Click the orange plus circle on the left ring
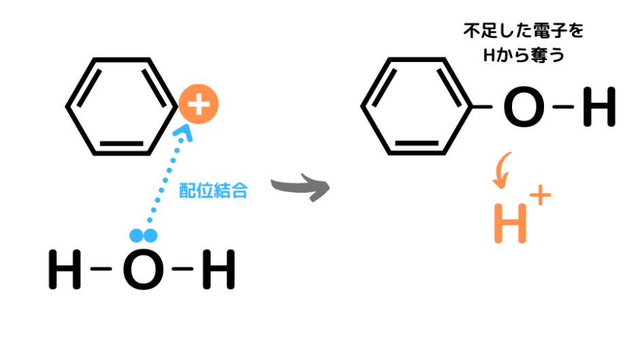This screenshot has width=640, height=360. coord(199,104)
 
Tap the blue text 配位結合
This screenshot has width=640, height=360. coord(214,191)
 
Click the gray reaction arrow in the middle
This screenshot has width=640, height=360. coord(300,187)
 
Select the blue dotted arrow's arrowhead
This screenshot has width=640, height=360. coord(183,133)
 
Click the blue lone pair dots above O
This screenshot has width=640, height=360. coord(143,235)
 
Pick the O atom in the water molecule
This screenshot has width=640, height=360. coord(144,269)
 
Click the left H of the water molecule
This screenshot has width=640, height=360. coord(65,269)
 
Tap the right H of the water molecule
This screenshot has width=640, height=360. coord(219,269)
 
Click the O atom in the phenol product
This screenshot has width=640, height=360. coord(524,107)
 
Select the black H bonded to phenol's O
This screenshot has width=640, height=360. coord(599,107)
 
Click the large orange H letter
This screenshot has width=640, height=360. coord(510,223)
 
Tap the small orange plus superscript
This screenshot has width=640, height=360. coord(541,195)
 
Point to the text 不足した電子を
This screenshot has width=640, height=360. coord(524,31)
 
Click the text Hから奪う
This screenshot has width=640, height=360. coord(524,55)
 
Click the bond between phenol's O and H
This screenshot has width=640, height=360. coord(563,107)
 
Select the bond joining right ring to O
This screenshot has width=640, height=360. coord(481,107)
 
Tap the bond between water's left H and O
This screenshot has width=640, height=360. coord(101,269)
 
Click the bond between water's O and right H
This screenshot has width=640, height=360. coord(183,269)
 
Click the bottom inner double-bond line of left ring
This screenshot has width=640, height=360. coord(122,144)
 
